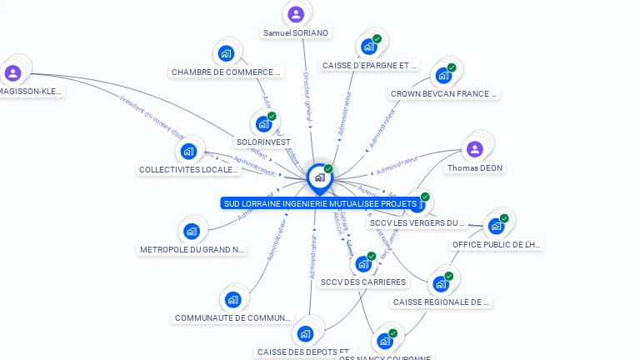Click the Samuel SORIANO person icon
point(296,14)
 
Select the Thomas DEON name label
point(475,168)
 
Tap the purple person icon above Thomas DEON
point(475,149)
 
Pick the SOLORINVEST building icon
point(263,124)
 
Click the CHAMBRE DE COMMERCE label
point(227,72)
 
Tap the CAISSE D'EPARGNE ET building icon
point(368,47)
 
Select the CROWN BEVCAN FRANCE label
point(443,94)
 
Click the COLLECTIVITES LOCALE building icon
point(188,152)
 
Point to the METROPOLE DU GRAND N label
point(192,249)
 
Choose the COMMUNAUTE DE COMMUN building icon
point(232,299)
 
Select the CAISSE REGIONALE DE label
point(441,302)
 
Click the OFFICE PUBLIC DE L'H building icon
point(496,226)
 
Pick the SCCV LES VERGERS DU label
point(417,223)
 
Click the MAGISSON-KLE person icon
point(12,73)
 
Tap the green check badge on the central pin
point(328,168)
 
